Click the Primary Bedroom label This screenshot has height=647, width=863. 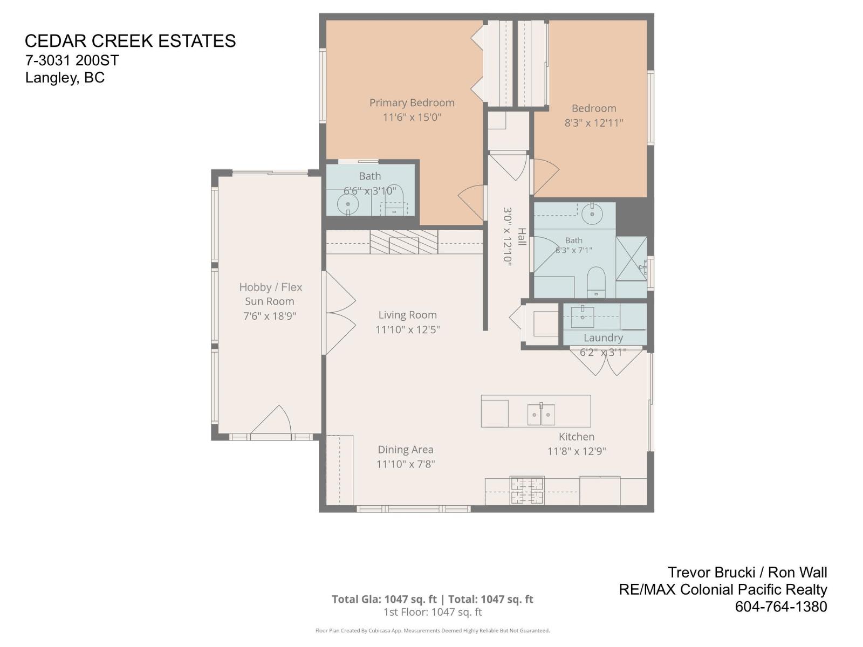point(412,103)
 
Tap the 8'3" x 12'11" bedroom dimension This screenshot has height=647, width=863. point(594,123)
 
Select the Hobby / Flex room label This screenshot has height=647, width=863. point(271,287)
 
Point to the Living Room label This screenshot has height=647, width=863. point(407,315)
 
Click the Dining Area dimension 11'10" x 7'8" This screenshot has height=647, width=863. point(406,464)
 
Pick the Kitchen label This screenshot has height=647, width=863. point(577,436)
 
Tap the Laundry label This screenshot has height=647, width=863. point(603,338)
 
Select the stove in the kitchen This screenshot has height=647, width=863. point(527,490)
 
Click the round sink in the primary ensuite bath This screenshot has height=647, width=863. point(348,205)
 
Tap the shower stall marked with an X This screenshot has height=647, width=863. point(631,258)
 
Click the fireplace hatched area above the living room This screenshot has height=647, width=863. point(404,242)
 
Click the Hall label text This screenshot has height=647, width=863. point(522,237)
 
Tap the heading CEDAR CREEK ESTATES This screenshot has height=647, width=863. point(130,42)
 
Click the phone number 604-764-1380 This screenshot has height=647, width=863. point(781,607)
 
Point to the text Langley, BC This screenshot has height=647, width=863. point(65,78)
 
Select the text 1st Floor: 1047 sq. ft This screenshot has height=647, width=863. point(433,612)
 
